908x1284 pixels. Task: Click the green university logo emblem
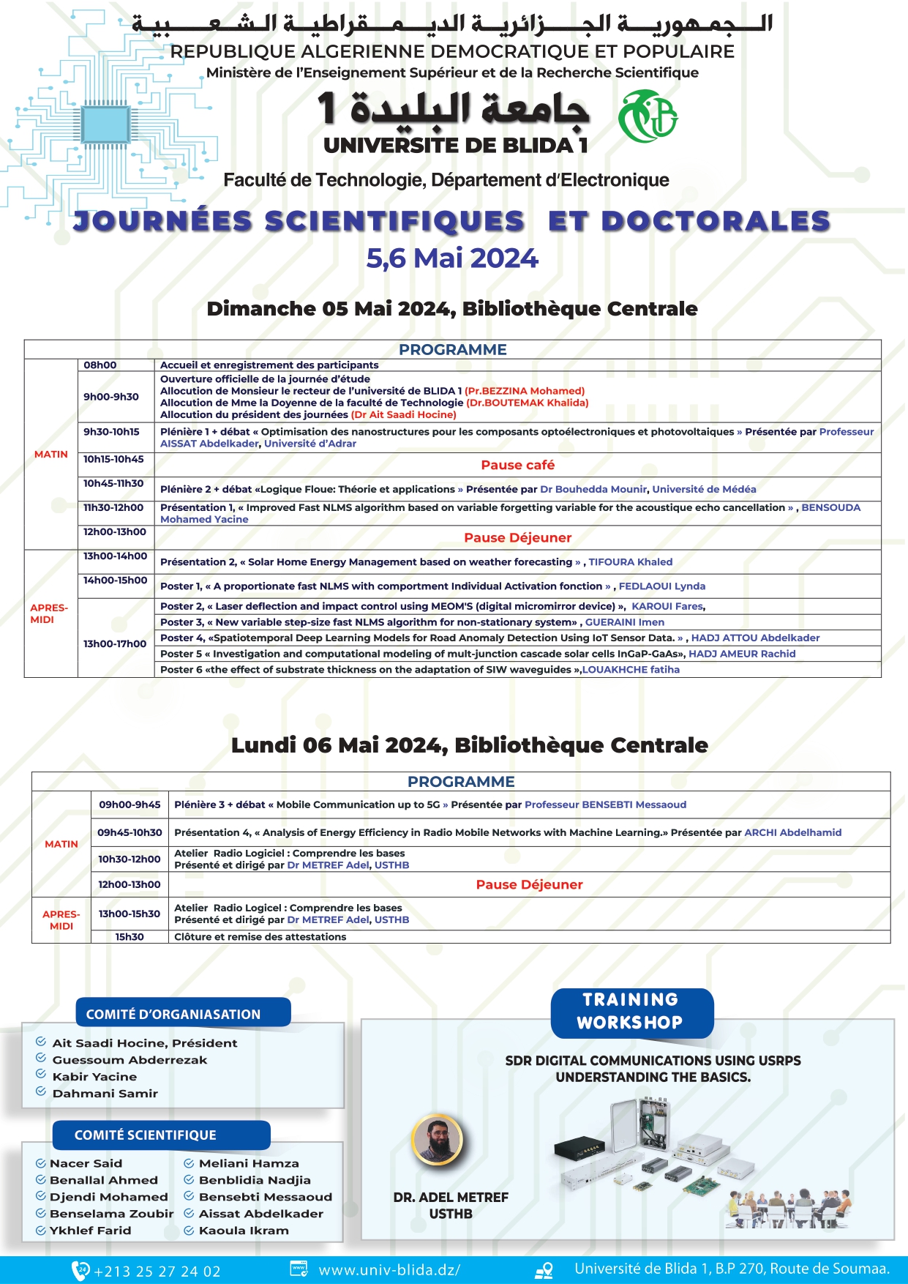[648, 116]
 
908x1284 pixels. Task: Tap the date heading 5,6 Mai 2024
[452, 258]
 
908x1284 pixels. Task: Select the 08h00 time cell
[100, 365]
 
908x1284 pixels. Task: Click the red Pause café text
[517, 465]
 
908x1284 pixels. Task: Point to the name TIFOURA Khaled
[630, 562]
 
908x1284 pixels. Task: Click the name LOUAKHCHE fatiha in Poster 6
[631, 669]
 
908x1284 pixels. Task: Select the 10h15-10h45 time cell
[113, 460]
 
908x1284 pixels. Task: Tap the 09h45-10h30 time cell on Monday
[130, 832]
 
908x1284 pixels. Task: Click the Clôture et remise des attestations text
[260, 937]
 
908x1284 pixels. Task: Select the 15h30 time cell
[130, 937]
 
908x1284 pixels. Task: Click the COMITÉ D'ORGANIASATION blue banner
[182, 1013]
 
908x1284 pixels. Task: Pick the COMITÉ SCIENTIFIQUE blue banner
[161, 1135]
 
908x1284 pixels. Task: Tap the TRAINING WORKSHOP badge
[631, 1011]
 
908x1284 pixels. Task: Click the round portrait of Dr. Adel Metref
[437, 1140]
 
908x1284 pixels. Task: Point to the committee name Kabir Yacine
[94, 1077]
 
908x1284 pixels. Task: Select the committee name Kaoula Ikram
[244, 1231]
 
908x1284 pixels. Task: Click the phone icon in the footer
[80, 1270]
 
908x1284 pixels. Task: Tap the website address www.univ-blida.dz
[389, 1271]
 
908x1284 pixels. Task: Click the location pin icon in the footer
[544, 1271]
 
